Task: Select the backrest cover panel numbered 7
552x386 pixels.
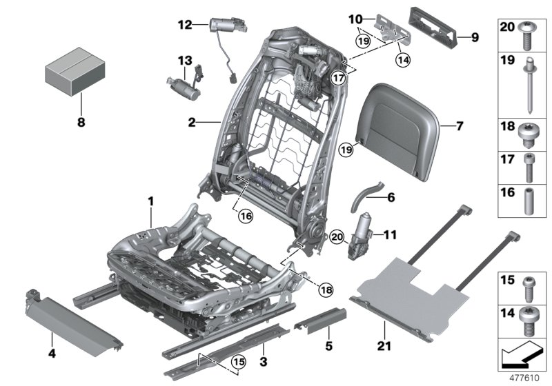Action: pyautogui.click(x=395, y=117)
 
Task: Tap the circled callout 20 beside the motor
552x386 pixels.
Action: pyautogui.click(x=336, y=235)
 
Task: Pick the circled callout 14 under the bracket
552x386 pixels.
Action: pyautogui.click(x=402, y=60)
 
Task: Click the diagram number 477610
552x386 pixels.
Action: pyautogui.click(x=526, y=378)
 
